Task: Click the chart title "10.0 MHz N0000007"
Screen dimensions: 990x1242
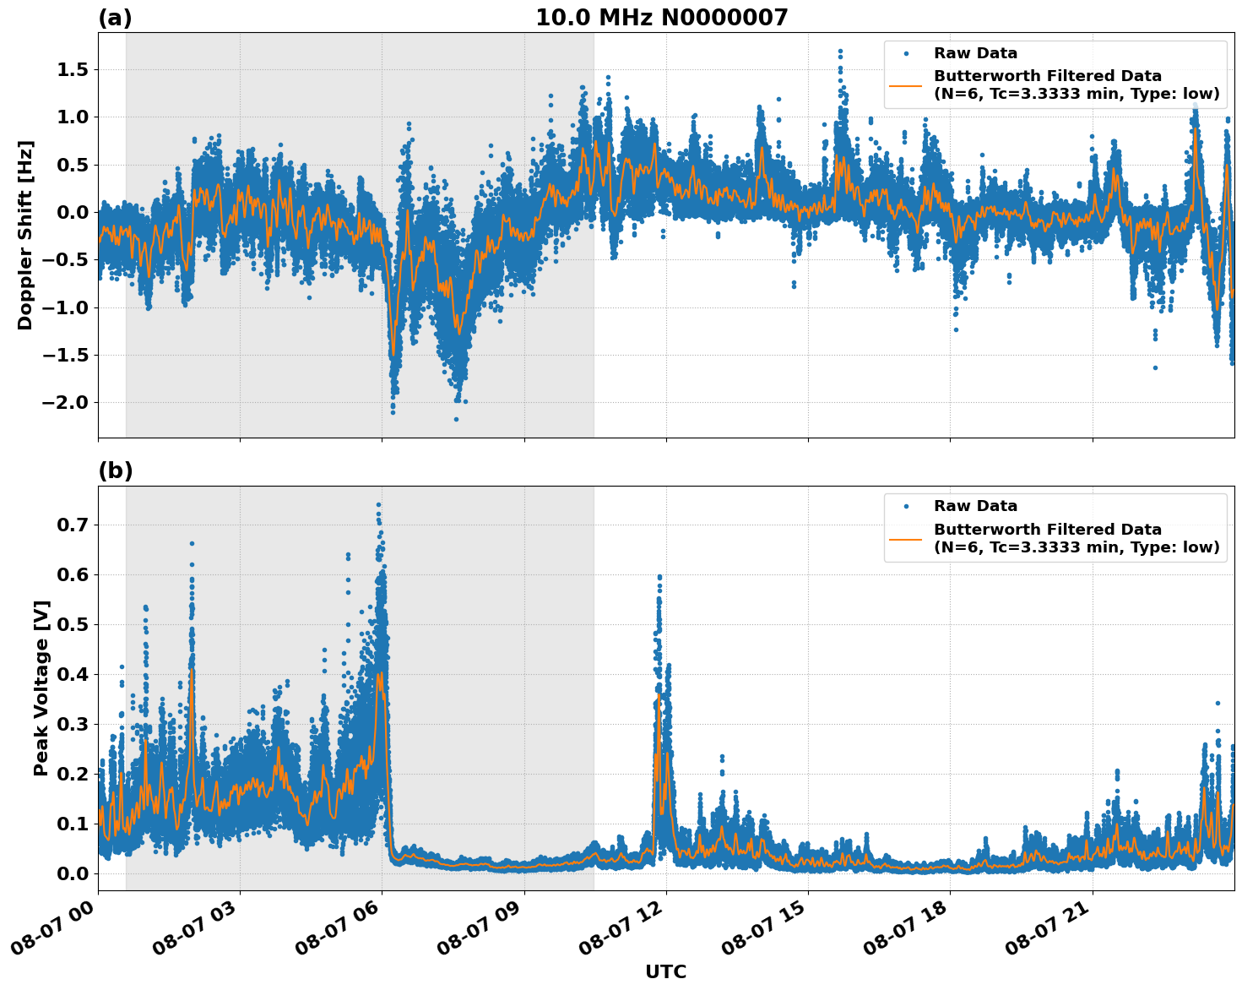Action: point(661,18)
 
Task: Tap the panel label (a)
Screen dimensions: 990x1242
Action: point(115,18)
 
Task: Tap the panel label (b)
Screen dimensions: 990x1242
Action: point(115,471)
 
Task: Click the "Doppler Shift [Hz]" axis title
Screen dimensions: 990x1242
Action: point(25,235)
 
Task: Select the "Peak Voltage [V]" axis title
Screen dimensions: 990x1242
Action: point(41,688)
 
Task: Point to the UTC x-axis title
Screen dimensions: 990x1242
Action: point(665,971)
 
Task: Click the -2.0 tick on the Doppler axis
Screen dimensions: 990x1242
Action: point(66,402)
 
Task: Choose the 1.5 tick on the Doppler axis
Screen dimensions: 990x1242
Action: point(73,69)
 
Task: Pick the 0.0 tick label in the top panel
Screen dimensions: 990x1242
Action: point(73,212)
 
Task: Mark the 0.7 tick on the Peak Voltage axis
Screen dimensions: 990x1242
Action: point(73,525)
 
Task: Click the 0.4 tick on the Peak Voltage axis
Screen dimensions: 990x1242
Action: point(73,674)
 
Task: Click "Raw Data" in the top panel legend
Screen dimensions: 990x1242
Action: point(975,53)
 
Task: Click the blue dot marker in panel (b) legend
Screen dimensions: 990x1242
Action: point(906,506)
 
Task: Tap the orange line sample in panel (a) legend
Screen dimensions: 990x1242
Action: point(906,85)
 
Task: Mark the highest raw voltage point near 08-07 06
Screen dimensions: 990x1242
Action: point(378,504)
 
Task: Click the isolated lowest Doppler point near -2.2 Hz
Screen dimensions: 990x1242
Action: point(456,419)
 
